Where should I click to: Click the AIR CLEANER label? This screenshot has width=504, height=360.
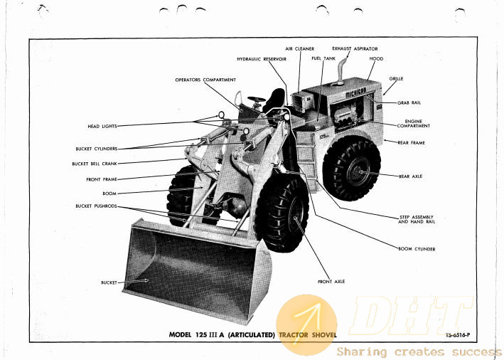coord(299,49)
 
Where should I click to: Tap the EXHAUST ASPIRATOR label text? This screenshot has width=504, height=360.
coord(355,49)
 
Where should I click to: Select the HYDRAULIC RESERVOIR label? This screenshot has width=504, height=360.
coord(262,59)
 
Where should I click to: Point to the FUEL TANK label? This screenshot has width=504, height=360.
coord(323,58)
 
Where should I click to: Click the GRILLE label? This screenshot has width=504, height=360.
coord(396,79)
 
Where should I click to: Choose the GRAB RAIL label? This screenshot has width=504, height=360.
coord(409,103)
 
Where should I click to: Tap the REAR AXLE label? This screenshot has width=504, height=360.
coord(410,176)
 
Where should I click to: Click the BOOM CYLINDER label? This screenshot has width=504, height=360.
coord(417,249)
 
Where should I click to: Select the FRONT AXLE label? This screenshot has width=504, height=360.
coord(331,282)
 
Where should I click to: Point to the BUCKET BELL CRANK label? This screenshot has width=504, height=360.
coord(95,164)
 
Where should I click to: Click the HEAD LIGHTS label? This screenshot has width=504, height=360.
coord(102,127)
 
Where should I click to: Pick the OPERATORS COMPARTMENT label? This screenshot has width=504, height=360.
coord(205,80)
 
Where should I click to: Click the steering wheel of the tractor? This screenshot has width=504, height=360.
coord(256,99)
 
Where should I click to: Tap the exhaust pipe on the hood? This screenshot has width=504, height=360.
coord(341,70)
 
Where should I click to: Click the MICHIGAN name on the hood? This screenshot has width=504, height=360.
coord(356,93)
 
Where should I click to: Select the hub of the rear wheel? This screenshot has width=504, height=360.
coord(358,171)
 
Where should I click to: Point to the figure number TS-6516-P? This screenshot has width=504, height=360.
coord(458,335)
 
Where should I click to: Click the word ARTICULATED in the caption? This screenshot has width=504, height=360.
coord(252,335)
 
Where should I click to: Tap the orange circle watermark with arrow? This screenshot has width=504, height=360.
coord(306,325)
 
